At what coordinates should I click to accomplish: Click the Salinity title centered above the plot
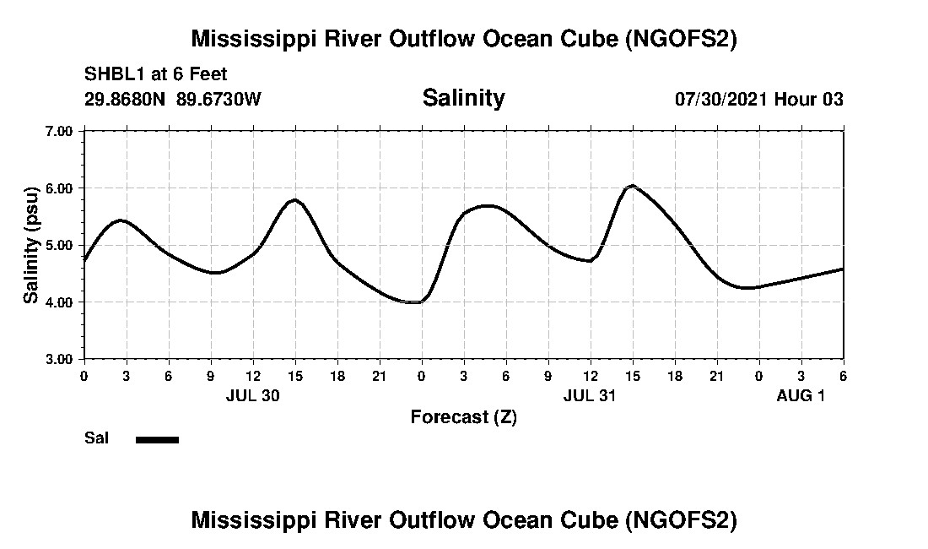(x=463, y=98)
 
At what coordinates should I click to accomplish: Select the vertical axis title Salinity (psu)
(x=31, y=244)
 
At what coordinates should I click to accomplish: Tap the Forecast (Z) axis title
(x=463, y=416)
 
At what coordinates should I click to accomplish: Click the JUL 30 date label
(x=252, y=395)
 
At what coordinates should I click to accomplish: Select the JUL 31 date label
(x=590, y=395)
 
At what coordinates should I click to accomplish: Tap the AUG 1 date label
(x=801, y=395)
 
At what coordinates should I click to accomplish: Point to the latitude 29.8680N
(x=127, y=99)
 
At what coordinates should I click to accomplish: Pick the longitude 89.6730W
(x=219, y=99)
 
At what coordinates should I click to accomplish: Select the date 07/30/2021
(x=720, y=99)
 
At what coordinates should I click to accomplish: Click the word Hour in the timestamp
(x=795, y=99)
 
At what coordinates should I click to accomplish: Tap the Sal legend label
(x=96, y=438)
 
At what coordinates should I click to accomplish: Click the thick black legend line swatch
(x=157, y=439)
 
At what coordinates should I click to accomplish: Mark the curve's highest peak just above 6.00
(x=632, y=186)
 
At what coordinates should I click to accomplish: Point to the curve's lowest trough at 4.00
(x=414, y=302)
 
